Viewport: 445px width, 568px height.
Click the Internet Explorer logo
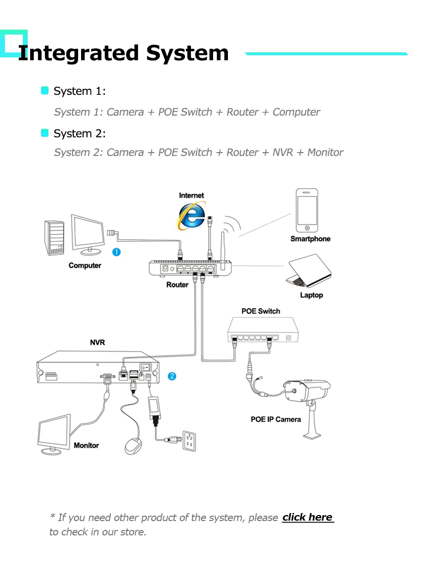[x=192, y=216]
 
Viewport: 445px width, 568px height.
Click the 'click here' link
[x=308, y=517]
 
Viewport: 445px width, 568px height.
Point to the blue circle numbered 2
[x=172, y=376]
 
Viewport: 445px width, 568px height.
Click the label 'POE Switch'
[x=261, y=311]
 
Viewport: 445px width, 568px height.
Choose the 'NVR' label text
[x=97, y=342]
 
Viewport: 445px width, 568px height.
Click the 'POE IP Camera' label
[x=275, y=419]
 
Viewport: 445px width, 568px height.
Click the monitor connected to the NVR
[x=54, y=434]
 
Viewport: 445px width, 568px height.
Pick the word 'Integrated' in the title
[x=78, y=53]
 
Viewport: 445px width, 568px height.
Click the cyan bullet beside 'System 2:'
[x=45, y=133]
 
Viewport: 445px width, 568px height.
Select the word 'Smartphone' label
[x=310, y=239]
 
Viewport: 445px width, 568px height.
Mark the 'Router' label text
[x=177, y=285]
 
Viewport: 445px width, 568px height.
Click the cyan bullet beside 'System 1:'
[x=45, y=90]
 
